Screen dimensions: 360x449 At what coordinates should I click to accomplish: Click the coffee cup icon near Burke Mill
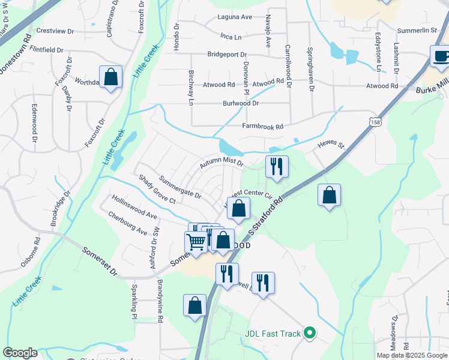[441, 57]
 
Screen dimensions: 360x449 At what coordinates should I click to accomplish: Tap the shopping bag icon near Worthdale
[111, 77]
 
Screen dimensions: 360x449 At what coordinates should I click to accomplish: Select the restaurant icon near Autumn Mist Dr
[277, 166]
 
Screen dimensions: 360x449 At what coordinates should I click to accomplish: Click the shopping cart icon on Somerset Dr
[196, 243]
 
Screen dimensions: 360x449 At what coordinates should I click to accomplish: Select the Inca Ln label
[231, 37]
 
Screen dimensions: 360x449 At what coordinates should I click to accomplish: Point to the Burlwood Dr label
[240, 103]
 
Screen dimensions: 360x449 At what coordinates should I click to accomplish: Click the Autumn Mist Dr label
[221, 163]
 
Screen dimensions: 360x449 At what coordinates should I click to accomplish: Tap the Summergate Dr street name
[179, 187]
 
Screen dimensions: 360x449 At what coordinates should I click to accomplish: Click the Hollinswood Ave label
[133, 207]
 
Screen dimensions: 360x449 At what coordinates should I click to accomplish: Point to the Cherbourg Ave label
[127, 223]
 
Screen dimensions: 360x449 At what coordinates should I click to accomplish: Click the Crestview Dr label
[55, 31]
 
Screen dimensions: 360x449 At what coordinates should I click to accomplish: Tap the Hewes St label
[330, 146]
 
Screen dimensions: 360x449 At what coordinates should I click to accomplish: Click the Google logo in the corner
[20, 353]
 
